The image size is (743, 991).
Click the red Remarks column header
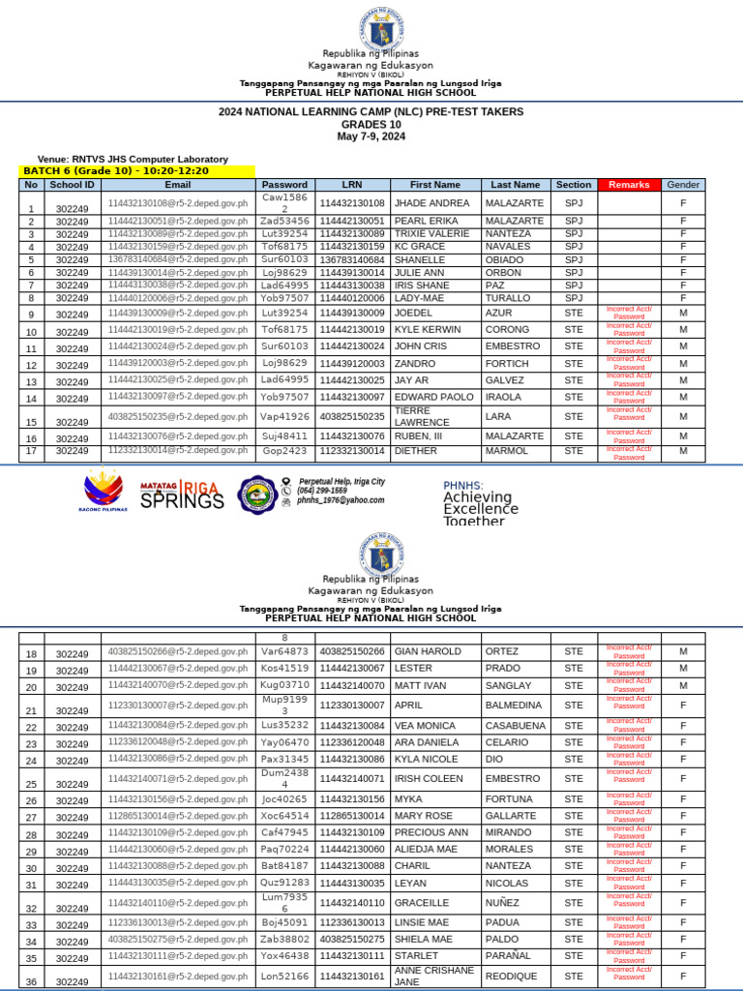coord(629,184)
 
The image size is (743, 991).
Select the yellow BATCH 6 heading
coord(136,171)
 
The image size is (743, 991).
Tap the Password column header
coord(284,184)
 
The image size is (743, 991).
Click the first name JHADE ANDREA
coord(431,203)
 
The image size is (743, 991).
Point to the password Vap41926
coord(284,417)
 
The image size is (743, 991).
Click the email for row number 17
coord(178,451)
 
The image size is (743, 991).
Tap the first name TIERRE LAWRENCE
coord(422,416)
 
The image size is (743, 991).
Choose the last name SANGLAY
coord(509,685)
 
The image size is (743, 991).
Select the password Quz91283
coord(284,883)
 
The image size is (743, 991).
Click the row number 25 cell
coord(31,784)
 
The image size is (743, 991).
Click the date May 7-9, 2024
coord(371,137)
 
